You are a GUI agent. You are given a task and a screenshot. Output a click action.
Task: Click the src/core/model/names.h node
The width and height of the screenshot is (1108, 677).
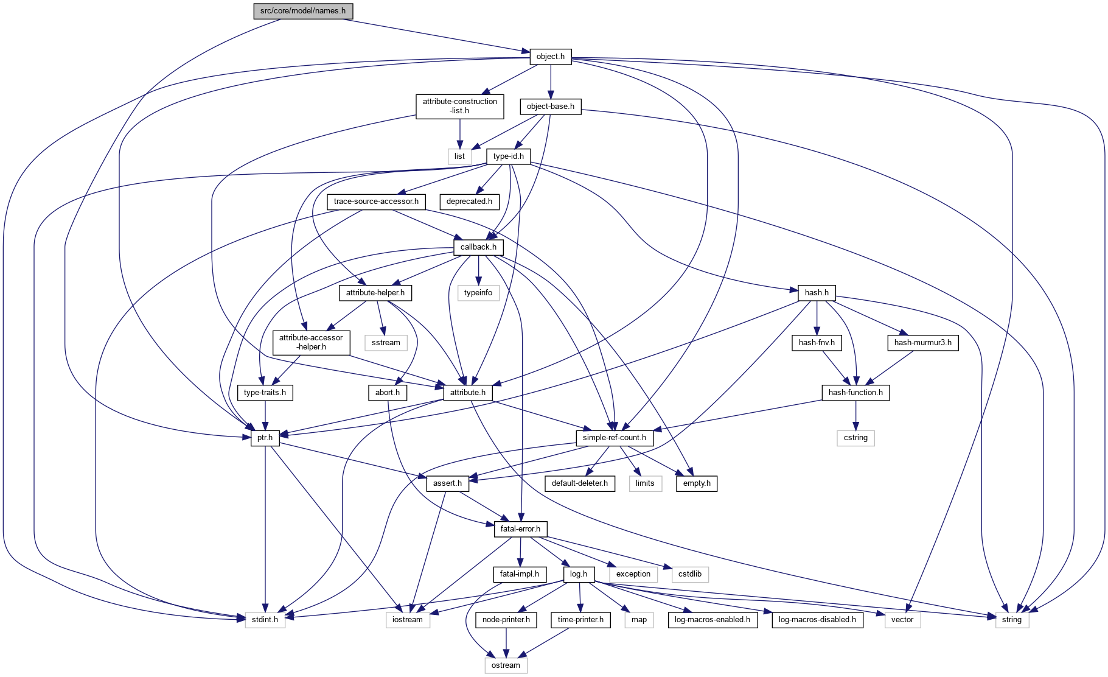pos(303,11)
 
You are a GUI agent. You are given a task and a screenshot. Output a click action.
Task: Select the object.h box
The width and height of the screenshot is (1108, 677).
pos(550,57)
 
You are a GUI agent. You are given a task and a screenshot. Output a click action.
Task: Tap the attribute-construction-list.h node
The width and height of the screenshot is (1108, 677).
pos(460,106)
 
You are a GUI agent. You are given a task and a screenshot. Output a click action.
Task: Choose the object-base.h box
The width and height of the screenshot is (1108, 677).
pos(550,107)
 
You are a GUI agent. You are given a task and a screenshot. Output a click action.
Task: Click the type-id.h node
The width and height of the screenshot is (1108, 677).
pos(508,156)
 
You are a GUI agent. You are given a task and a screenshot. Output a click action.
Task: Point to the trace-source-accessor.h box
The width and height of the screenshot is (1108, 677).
pos(376,202)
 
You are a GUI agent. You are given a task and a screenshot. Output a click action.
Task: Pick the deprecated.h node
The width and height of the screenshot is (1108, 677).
pos(469,202)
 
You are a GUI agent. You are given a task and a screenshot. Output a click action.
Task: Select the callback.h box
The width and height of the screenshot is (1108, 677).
pos(478,247)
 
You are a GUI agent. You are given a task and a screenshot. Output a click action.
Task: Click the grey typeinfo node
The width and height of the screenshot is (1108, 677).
pos(478,293)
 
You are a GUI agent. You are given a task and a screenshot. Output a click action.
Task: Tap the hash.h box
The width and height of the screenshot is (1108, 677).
pos(817,293)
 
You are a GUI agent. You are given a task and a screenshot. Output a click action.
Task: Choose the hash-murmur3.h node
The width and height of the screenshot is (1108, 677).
pos(922,343)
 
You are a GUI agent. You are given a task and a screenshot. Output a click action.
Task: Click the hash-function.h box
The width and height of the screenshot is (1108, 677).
pos(855,393)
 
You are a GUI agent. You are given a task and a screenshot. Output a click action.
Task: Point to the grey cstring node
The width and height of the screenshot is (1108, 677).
pos(855,438)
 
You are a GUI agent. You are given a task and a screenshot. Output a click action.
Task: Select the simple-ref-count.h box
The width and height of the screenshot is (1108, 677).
pos(615,438)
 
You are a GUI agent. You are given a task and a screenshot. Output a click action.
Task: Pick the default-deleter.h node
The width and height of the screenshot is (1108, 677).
pos(579,483)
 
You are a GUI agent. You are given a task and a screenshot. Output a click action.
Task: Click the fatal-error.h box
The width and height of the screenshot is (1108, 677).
pos(520,529)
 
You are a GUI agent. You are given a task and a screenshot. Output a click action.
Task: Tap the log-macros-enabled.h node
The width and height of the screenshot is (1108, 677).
pos(713,620)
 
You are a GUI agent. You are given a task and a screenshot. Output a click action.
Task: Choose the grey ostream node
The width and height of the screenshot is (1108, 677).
pos(506,665)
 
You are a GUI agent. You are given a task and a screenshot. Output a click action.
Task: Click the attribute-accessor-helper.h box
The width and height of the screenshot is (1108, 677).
pos(311,342)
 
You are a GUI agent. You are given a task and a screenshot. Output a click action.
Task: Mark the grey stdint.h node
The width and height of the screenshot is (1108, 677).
pos(265,620)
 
